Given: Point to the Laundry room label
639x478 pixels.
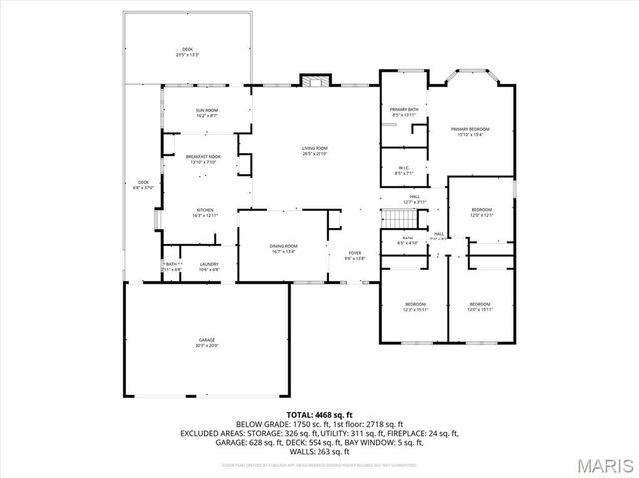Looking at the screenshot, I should [x=208, y=266].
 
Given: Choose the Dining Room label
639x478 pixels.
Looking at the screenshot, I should [x=283, y=248].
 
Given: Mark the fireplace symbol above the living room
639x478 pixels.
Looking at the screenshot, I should [x=315, y=82].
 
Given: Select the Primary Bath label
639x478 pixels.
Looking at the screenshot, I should [x=404, y=112].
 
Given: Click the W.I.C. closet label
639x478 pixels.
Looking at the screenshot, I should [x=404, y=170].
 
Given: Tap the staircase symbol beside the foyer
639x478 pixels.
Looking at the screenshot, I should [x=399, y=220].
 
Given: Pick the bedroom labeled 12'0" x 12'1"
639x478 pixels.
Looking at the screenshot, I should [x=482, y=212].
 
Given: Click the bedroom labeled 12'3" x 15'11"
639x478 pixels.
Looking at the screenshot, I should [x=415, y=306].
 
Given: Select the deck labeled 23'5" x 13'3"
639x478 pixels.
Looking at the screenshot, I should [x=187, y=51].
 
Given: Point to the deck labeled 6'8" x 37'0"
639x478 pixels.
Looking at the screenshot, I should [x=143, y=184].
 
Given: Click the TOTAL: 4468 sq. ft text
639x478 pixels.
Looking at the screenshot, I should [x=319, y=413].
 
